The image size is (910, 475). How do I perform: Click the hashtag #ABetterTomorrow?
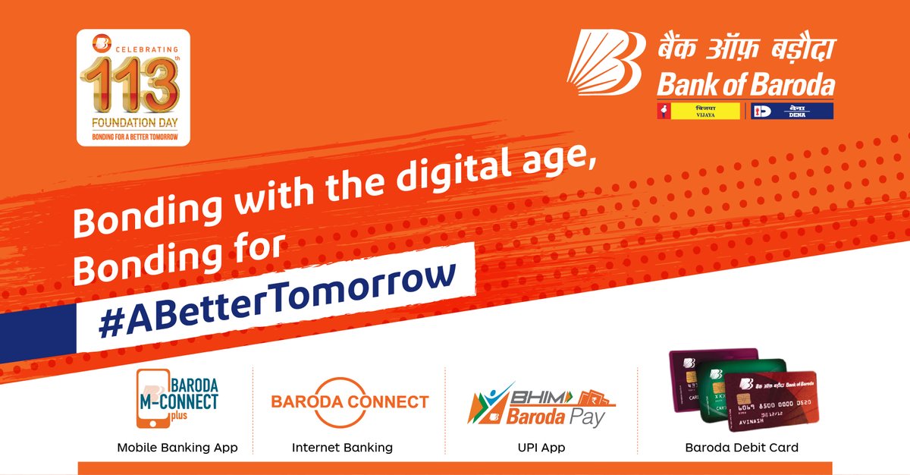(277, 297)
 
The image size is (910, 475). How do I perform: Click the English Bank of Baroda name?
(746, 85)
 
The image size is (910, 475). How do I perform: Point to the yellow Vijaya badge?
(698, 111)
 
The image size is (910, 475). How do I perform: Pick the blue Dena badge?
(791, 111)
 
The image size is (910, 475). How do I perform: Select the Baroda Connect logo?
(350, 402)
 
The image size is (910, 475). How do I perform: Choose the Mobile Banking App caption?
(177, 448)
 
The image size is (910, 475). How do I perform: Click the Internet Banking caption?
(342, 448)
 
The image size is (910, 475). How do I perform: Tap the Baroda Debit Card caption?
(742, 448)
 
